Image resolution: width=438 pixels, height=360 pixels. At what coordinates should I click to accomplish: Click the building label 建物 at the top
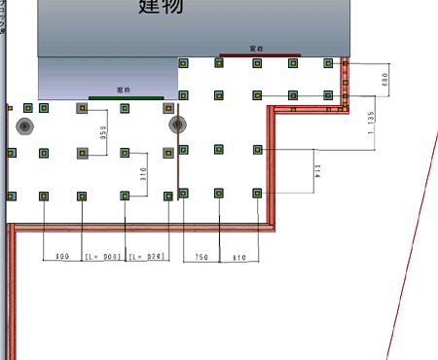coord(161,8)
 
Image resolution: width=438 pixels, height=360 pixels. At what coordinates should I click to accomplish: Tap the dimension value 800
coord(61,257)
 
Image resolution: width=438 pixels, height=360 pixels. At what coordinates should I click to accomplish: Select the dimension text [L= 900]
coord(103,257)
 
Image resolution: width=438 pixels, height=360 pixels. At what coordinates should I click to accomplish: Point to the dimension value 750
coord(201,257)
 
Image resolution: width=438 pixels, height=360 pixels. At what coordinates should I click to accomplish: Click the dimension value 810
coord(238,257)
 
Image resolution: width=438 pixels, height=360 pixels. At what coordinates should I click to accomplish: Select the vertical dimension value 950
coord(102,133)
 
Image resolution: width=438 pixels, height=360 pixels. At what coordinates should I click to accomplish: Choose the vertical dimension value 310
coord(142,175)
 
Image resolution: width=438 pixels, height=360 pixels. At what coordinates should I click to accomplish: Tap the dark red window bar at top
coord(256,54)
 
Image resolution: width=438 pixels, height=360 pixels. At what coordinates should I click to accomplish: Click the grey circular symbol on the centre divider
coord(177,125)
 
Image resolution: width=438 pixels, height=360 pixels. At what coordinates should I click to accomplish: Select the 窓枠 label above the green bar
coord(125,90)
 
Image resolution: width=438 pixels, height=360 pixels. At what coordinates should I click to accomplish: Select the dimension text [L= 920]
coord(146,257)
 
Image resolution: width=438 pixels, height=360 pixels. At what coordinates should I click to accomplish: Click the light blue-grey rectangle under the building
coord(107,76)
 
